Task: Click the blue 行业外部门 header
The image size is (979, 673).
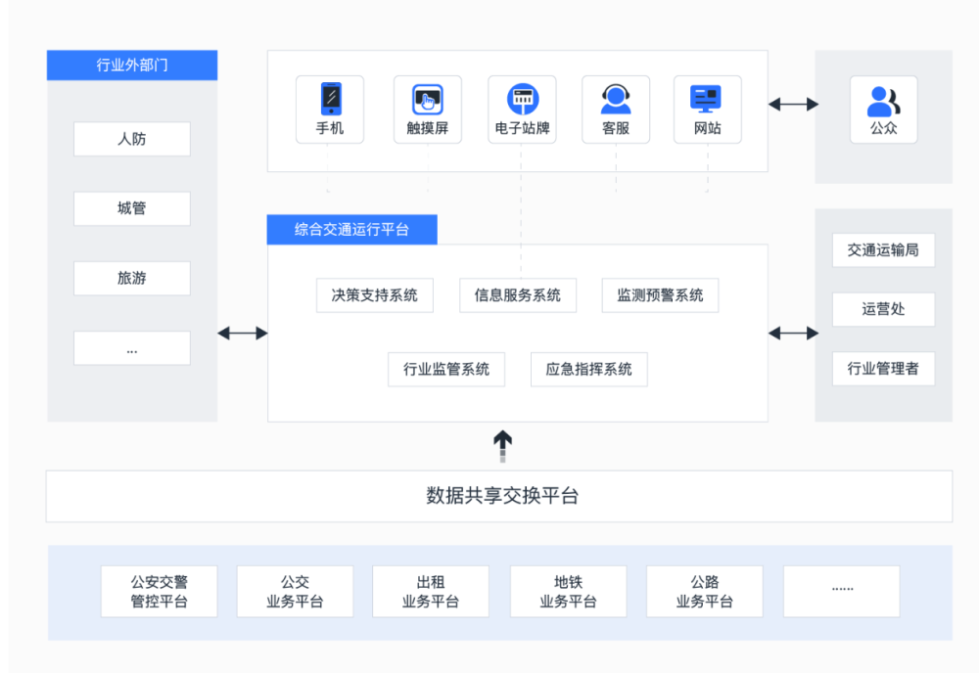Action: click(132, 65)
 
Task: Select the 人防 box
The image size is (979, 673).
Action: click(132, 139)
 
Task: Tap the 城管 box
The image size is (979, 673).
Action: click(132, 208)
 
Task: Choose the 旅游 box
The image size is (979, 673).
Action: click(132, 278)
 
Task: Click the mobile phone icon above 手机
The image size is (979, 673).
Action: click(331, 99)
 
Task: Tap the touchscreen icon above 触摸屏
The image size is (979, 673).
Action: click(428, 99)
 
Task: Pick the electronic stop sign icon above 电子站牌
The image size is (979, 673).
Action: click(523, 99)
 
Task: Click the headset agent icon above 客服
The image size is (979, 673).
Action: click(616, 99)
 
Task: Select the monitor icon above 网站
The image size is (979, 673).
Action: click(706, 99)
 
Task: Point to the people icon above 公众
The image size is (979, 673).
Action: click(883, 102)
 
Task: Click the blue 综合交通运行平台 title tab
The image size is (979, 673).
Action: click(352, 230)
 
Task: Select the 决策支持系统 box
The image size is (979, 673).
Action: click(375, 295)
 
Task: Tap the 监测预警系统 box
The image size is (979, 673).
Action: click(660, 295)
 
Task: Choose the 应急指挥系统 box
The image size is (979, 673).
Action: click(588, 369)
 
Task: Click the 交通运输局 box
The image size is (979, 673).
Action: click(883, 250)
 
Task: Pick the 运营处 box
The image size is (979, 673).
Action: click(883, 309)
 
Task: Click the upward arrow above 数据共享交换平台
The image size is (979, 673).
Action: click(502, 446)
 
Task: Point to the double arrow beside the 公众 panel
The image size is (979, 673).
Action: click(793, 104)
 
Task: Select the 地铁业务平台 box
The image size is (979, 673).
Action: click(568, 591)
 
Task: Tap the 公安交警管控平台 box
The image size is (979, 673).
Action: click(160, 591)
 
